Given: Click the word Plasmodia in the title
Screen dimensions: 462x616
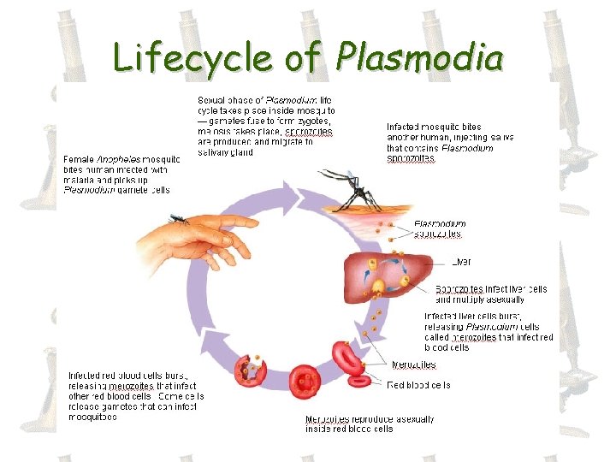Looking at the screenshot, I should (x=420, y=57).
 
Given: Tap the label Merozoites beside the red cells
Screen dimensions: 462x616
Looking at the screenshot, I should (x=414, y=364).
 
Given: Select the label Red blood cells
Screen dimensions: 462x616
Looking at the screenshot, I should (x=419, y=385).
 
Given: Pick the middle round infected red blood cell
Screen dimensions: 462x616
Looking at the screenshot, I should (x=304, y=380).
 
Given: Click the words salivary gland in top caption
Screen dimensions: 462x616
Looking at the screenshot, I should (x=225, y=152).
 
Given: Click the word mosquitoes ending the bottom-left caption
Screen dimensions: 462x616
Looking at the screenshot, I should (x=92, y=418).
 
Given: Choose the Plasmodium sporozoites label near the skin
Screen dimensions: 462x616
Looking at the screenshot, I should (x=440, y=228).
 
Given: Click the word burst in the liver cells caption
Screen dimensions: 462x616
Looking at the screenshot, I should (x=503, y=317).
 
